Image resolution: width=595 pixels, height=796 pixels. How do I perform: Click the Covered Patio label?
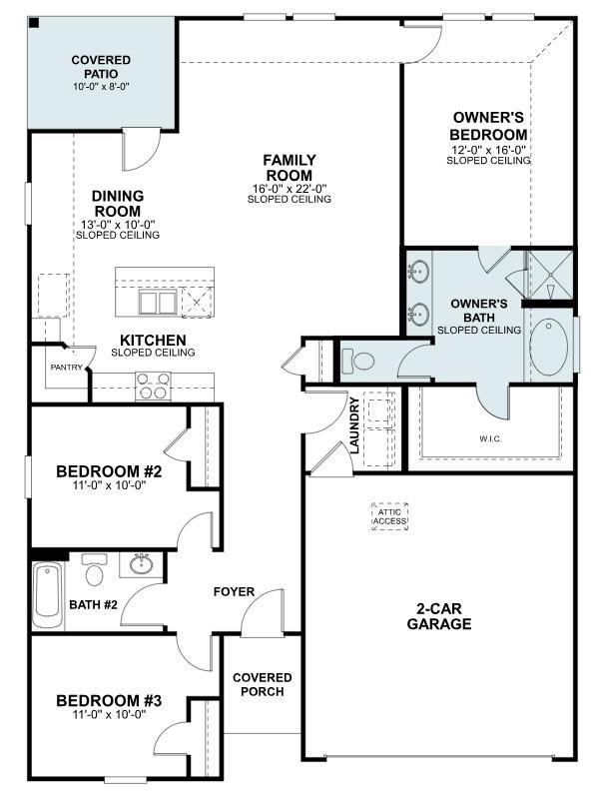click(101, 67)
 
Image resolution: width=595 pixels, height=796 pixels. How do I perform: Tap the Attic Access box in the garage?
click(389, 515)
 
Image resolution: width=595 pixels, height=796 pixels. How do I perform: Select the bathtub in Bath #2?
click(47, 592)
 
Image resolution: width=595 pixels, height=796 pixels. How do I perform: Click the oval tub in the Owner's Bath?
click(548, 345)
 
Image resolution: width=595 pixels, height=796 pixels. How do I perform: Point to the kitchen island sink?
click(157, 303)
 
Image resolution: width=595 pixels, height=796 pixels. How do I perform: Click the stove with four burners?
click(153, 385)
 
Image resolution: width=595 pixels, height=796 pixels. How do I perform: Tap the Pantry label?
click(66, 367)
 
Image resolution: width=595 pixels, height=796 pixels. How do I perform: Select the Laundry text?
click(353, 425)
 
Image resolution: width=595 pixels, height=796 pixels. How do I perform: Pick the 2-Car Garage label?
click(439, 617)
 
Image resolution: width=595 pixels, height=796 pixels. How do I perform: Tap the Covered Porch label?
click(262, 684)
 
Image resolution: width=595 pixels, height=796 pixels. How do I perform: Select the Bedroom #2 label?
click(102, 471)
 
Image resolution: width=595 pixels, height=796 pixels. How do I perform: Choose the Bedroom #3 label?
click(102, 700)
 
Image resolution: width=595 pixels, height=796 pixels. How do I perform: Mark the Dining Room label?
click(117, 204)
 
